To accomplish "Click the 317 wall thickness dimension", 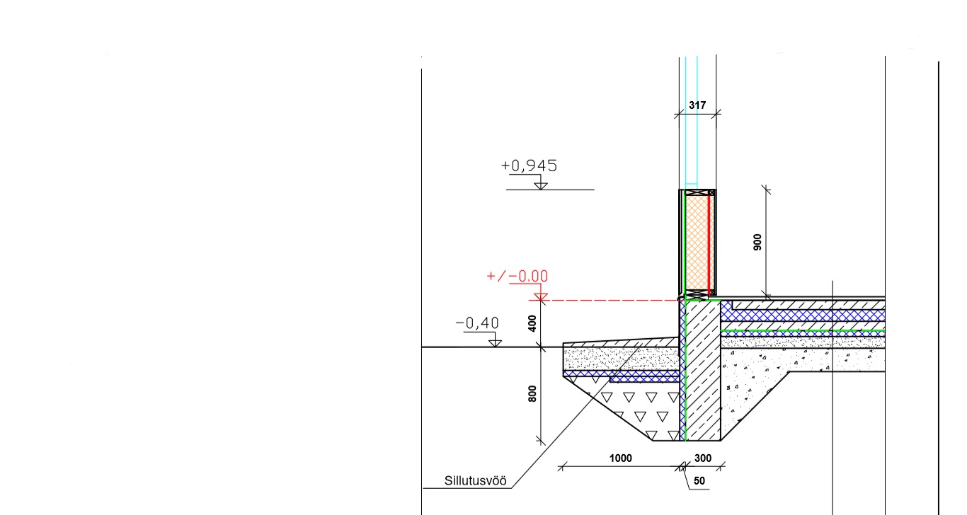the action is coord(697,105).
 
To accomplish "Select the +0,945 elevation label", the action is coord(529,166).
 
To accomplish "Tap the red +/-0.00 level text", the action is coord(517,276).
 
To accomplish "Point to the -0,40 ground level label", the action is coord(477,323).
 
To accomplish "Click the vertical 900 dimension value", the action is coord(757,242).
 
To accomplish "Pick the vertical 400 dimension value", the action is coord(532,323).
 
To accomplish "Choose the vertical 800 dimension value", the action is coord(532,394).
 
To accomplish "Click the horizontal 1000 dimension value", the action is coord(620,458).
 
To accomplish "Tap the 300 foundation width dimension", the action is coord(703,458).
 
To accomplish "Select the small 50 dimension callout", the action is coord(699,481).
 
